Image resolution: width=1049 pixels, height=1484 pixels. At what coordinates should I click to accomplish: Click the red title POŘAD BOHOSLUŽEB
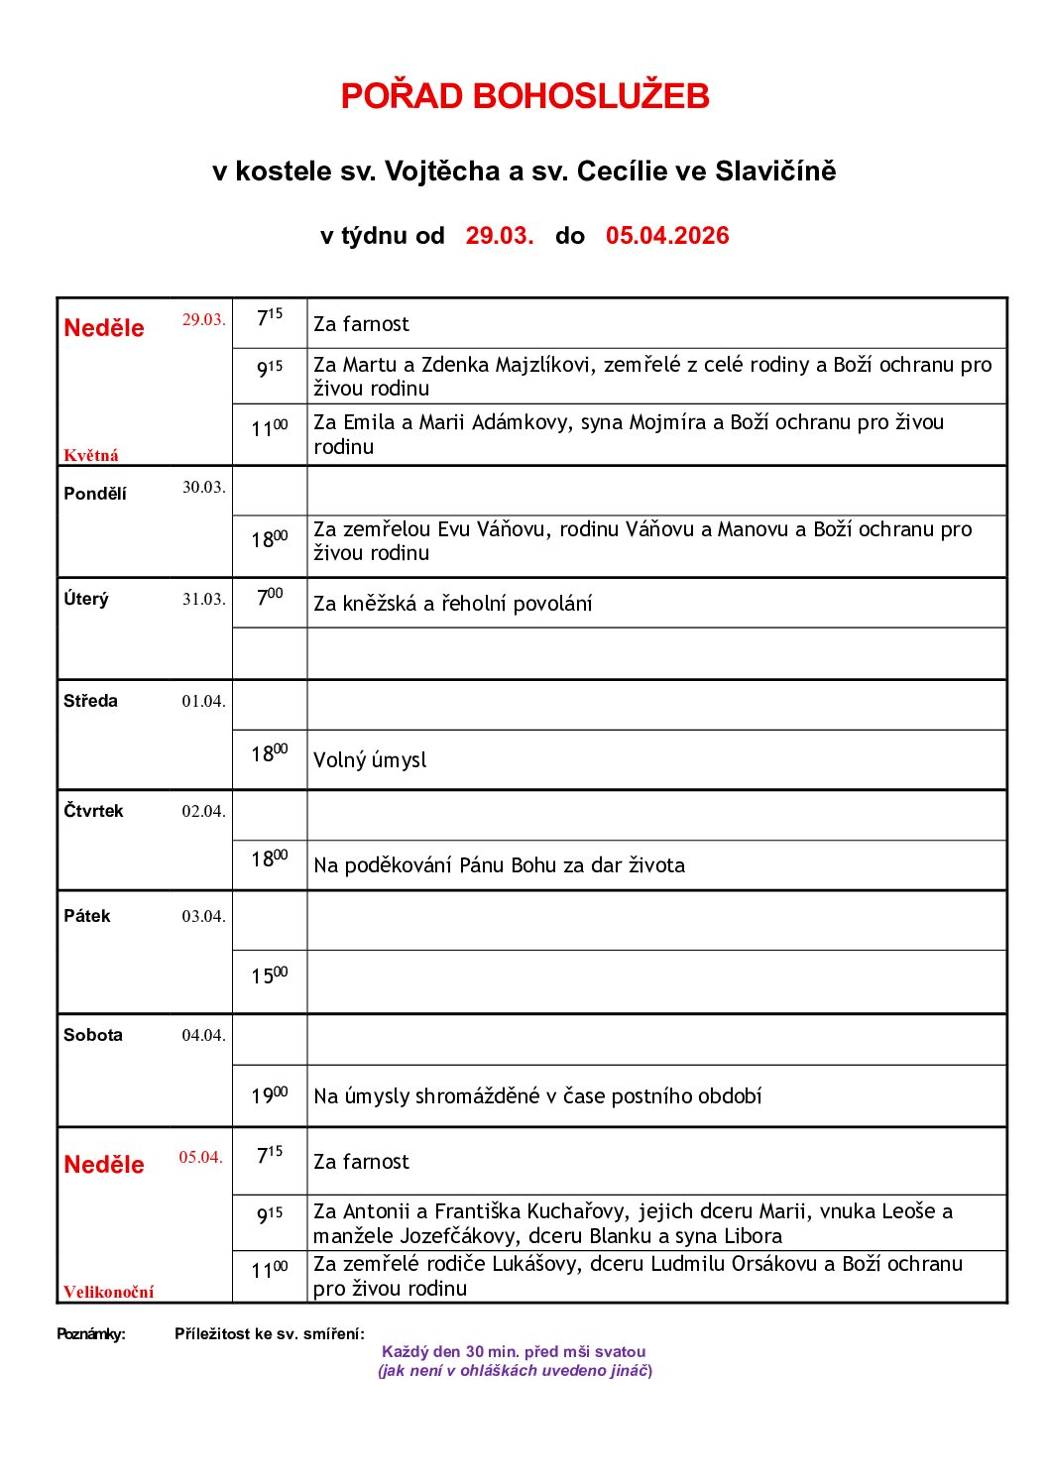point(524,96)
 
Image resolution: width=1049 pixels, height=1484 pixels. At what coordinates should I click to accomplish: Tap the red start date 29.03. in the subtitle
point(500,236)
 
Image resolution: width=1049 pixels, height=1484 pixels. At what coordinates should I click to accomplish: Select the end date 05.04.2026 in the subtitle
point(667,236)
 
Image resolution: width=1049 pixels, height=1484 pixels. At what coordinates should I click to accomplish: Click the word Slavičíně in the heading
point(787,171)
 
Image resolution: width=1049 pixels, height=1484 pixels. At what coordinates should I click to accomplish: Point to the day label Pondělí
point(95,494)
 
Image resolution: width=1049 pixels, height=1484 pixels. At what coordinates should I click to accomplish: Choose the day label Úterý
point(86,600)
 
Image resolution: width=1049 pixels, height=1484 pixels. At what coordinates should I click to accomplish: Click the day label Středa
point(90,701)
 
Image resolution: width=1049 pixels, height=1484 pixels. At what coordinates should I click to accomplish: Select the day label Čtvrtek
point(93,811)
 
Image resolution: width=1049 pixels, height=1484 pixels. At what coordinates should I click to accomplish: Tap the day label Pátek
point(87,916)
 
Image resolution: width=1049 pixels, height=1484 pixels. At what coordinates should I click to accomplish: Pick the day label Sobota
point(93,1035)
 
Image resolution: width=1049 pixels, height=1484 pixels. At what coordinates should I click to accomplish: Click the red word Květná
point(91,456)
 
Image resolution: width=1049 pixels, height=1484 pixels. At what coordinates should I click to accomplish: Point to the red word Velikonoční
point(109,1292)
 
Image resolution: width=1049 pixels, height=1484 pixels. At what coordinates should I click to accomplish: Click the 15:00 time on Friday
point(269,976)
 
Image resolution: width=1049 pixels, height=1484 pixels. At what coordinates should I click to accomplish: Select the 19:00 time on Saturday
point(269,1095)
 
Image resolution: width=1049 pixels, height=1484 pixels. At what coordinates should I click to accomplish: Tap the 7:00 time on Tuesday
point(270,598)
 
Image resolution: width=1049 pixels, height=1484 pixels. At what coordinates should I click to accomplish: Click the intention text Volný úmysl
point(370,760)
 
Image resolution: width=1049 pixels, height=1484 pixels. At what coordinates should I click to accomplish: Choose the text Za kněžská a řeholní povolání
point(452,604)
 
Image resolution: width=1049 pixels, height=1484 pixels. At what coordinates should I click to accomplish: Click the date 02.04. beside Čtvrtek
point(203,811)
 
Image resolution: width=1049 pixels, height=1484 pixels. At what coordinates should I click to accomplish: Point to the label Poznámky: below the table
point(91,1334)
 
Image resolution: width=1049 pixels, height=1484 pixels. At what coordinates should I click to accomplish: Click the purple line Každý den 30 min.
point(514,1352)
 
